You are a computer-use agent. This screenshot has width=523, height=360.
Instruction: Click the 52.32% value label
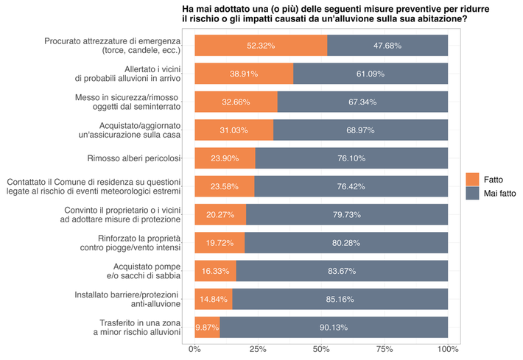tap(261, 46)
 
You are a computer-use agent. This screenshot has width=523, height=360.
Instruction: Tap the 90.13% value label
tap(334, 327)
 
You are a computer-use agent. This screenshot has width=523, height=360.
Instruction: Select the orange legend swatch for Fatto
tap(473, 179)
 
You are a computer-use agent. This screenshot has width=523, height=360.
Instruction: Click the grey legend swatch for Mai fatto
tap(473, 194)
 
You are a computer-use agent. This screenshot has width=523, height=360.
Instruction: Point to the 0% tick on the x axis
tap(195, 347)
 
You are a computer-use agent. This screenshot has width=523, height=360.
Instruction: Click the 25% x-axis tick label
tap(258, 347)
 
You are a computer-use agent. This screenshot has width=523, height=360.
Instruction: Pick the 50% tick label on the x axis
tap(321, 347)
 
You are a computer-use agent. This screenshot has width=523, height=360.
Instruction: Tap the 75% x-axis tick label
tap(385, 347)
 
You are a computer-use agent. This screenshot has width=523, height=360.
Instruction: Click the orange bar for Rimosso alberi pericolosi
tap(225, 158)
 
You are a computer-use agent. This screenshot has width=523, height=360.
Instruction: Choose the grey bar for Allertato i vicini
tap(371, 74)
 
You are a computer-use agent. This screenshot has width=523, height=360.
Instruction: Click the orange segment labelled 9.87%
tap(207, 327)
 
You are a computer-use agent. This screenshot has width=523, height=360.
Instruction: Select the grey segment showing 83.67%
tap(342, 271)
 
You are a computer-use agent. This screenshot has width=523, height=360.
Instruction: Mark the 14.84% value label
tap(214, 299)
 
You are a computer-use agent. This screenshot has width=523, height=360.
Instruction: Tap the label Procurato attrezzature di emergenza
tap(112, 46)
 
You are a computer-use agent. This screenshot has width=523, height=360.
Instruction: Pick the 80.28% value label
tap(346, 243)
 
